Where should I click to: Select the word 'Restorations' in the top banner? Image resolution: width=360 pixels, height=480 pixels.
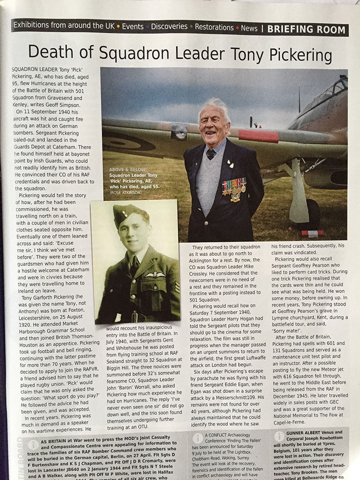pyautogui.click(x=213, y=27)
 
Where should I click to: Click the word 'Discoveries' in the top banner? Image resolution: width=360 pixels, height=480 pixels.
pyautogui.click(x=169, y=27)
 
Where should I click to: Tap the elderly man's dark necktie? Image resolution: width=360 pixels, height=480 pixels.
pyautogui.click(x=212, y=153)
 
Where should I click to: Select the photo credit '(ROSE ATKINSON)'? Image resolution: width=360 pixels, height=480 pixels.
pyautogui.click(x=126, y=192)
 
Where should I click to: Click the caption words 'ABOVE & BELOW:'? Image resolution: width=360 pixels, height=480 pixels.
pyautogui.click(x=128, y=169)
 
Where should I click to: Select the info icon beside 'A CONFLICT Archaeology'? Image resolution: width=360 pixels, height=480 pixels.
pyautogui.click(x=198, y=437)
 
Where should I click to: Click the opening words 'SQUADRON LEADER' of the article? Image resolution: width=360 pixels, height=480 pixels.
pyautogui.click(x=34, y=69)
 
